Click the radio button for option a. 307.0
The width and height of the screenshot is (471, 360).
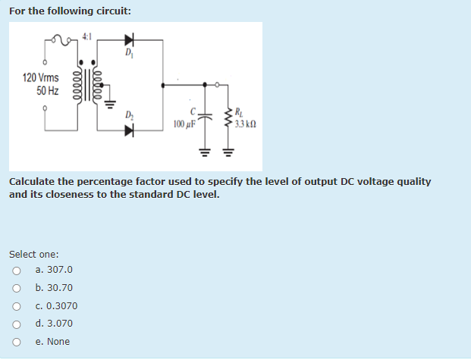click(x=15, y=271)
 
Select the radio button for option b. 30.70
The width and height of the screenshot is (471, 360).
click(x=15, y=288)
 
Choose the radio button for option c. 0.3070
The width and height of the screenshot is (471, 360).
click(x=15, y=306)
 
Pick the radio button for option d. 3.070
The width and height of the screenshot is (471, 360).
click(x=15, y=324)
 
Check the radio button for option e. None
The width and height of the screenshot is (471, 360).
click(x=15, y=342)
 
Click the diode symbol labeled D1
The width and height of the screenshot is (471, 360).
click(x=128, y=38)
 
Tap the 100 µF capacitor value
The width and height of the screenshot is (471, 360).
click(x=185, y=124)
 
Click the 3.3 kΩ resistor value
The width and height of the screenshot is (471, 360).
click(x=245, y=124)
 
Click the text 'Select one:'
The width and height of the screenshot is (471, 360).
click(x=34, y=255)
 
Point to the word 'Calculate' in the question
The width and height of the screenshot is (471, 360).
click(x=33, y=182)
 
